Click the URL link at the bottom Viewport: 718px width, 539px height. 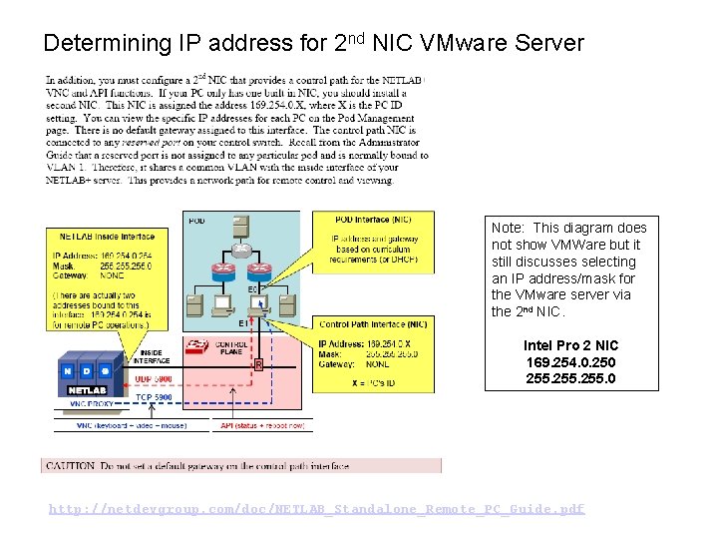tap(317, 509)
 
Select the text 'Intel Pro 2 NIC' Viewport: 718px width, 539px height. tap(570, 345)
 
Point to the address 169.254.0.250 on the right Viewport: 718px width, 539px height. tap(570, 362)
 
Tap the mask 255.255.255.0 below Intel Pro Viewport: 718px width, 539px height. tap(570, 378)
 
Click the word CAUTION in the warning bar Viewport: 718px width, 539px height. tap(69, 465)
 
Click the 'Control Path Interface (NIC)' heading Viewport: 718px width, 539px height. tap(373, 324)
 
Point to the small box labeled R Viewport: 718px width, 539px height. tap(258, 365)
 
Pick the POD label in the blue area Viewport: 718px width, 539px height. tap(197, 222)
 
